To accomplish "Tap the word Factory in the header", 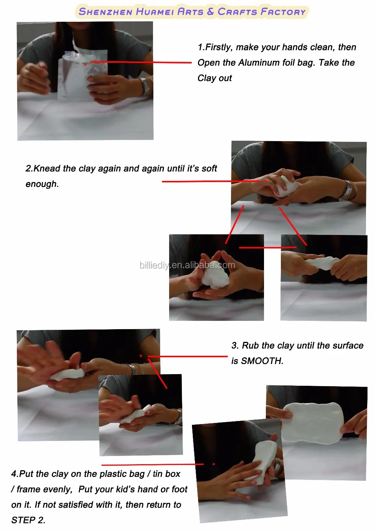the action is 283,12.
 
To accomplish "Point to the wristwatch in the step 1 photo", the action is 145,86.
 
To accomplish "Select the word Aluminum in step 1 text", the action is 259,63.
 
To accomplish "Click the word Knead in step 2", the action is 47,168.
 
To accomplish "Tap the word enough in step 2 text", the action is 42,184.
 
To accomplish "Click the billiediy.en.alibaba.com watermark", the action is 187,265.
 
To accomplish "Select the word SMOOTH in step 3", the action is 262,361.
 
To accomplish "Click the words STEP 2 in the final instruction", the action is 28,520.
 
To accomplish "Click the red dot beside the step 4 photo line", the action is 214,464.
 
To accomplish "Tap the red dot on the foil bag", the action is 85,64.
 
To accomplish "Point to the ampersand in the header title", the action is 210,11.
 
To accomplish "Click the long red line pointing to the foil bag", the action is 141,62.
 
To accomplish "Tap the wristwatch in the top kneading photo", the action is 348,190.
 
